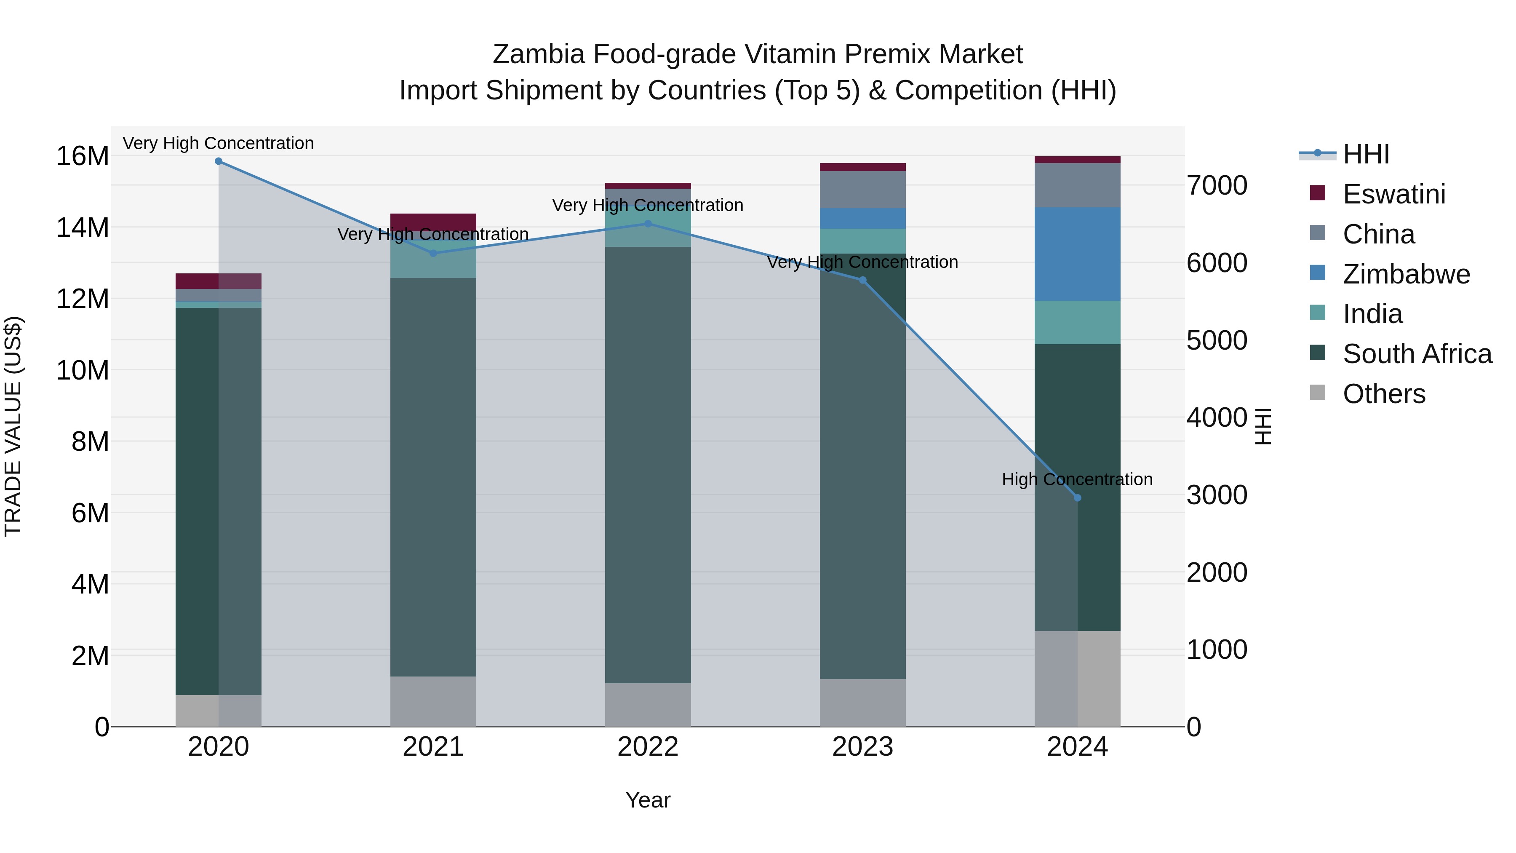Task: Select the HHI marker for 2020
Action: pos(218,161)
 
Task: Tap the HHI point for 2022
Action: pos(648,224)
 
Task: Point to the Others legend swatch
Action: pos(1318,393)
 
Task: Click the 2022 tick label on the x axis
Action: pos(648,747)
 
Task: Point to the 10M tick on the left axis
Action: pos(83,370)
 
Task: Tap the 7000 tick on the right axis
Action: pos(1217,185)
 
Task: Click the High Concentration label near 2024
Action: pos(1077,479)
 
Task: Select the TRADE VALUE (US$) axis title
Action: pos(13,426)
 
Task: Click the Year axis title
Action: pos(648,800)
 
